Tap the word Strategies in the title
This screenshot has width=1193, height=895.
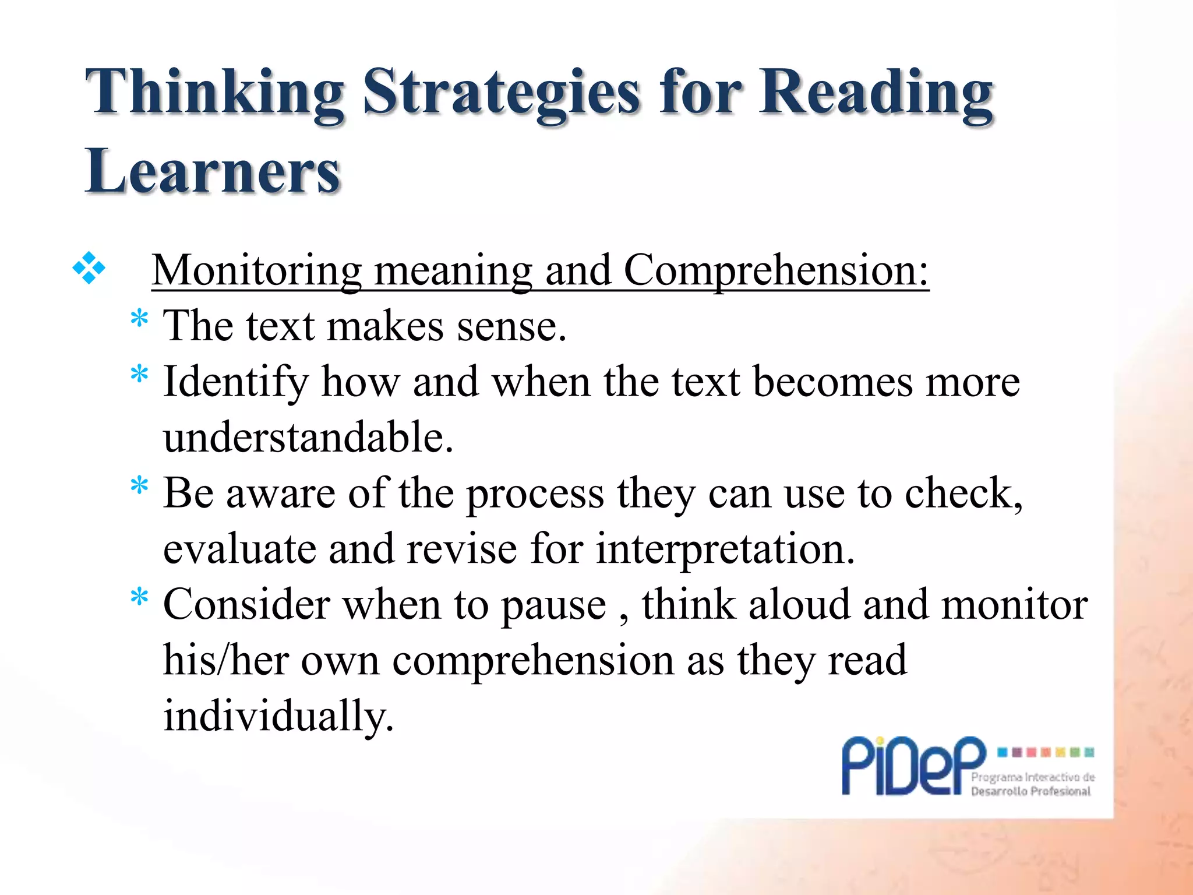point(501,93)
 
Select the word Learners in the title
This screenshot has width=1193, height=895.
point(213,171)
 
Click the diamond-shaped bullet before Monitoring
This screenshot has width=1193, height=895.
point(89,269)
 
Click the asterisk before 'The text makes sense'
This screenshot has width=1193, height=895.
point(139,320)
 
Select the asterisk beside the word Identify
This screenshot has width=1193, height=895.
point(139,374)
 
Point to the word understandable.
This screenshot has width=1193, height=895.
point(308,437)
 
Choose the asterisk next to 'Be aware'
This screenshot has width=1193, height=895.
point(139,485)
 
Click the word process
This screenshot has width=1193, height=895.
point(535,494)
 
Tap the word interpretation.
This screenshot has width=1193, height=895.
point(725,549)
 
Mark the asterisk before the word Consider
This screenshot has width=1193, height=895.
point(139,597)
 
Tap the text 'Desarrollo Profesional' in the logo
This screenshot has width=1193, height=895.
point(1030,791)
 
